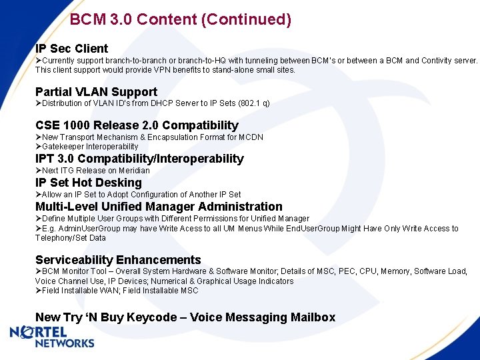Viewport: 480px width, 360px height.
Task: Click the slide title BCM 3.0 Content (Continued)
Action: (x=180, y=19)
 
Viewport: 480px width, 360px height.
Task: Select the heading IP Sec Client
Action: (x=71, y=49)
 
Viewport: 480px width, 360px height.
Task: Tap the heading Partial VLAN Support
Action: (x=96, y=92)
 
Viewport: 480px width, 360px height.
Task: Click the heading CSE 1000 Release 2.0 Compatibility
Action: (x=137, y=125)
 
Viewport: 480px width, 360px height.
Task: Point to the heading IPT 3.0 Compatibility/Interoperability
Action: (x=139, y=159)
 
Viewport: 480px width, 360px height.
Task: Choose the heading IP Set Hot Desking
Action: (x=89, y=183)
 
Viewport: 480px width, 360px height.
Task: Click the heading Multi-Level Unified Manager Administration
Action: (x=159, y=207)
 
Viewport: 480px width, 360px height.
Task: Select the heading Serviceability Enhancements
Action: (x=118, y=260)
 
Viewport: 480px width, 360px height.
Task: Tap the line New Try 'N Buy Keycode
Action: (x=185, y=317)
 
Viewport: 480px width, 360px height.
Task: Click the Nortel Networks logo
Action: (x=52, y=337)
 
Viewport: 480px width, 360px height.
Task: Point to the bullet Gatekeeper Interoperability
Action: (x=89, y=147)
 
